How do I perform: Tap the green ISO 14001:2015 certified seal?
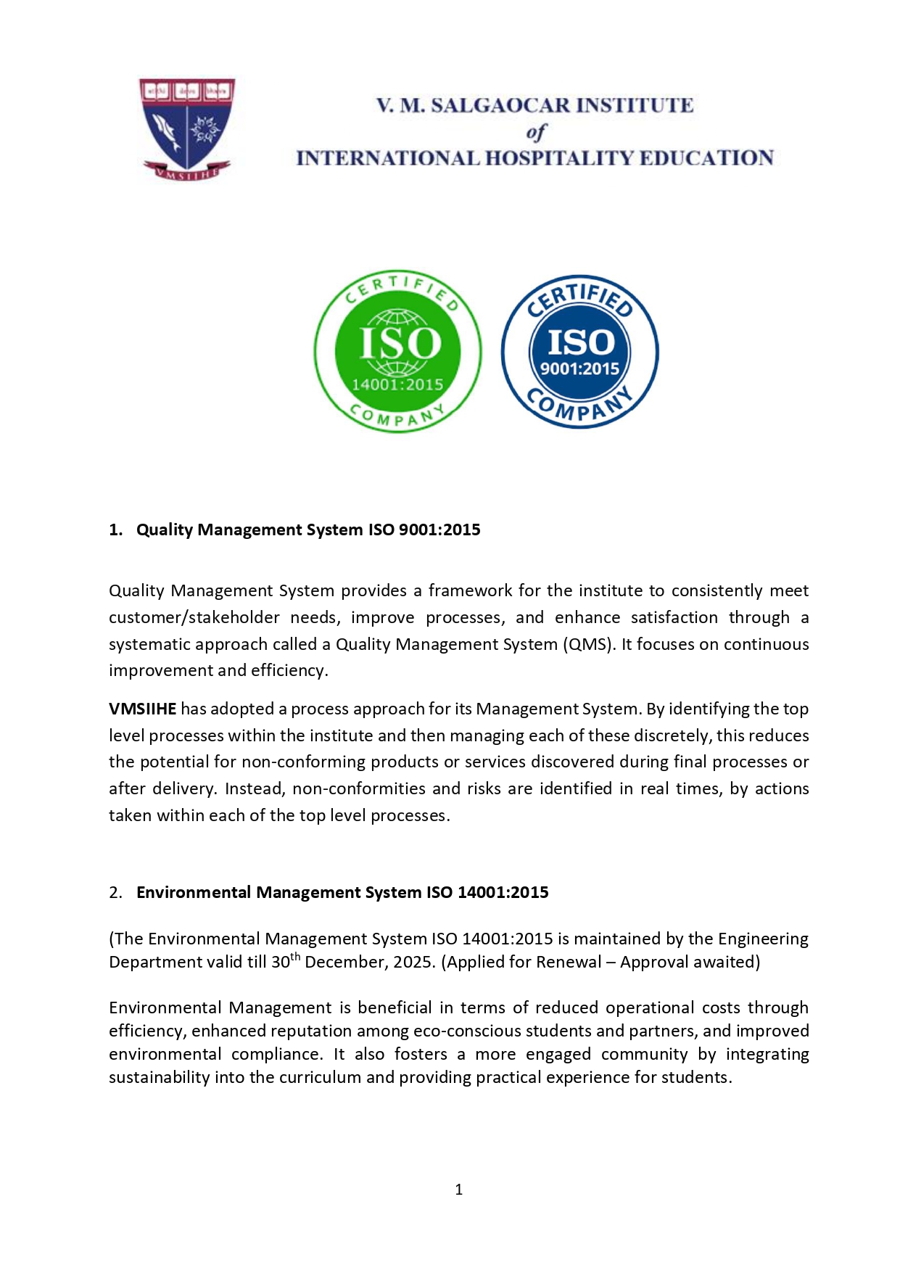(x=398, y=352)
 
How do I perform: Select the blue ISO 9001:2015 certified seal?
(x=579, y=352)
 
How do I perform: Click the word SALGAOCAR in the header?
(x=499, y=106)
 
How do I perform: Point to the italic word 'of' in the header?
(x=535, y=133)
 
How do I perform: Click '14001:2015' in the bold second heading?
(x=503, y=892)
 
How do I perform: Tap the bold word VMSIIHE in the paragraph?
(x=142, y=709)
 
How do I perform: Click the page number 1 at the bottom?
(x=458, y=1190)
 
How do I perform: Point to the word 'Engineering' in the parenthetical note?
(x=763, y=939)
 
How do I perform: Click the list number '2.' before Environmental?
(x=116, y=892)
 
